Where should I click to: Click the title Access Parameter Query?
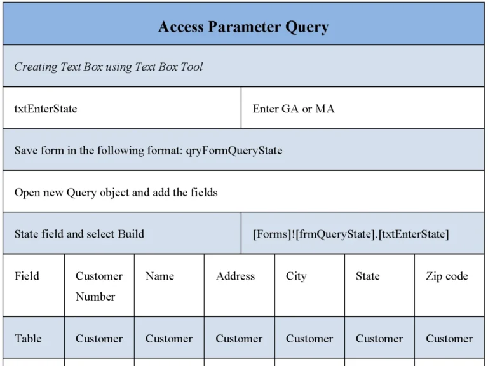point(243,27)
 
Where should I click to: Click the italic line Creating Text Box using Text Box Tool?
point(109,67)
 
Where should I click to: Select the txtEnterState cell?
point(46,109)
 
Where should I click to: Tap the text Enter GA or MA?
point(294,109)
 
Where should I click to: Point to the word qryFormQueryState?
point(234,151)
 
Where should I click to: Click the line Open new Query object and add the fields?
point(116,192)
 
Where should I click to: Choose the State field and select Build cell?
point(79,234)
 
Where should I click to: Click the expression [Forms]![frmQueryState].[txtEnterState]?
point(351,234)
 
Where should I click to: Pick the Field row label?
point(27,276)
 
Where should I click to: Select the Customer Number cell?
point(99,286)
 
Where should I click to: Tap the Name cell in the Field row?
point(159,276)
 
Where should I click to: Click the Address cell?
point(235,276)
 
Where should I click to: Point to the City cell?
point(296,276)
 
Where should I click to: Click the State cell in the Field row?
point(368,276)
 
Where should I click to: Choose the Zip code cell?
point(447,276)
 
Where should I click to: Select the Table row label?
point(29,339)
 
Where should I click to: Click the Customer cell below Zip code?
point(449,339)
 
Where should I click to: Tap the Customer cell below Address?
point(239,339)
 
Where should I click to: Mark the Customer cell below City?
point(309,339)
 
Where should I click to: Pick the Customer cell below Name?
point(169,339)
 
